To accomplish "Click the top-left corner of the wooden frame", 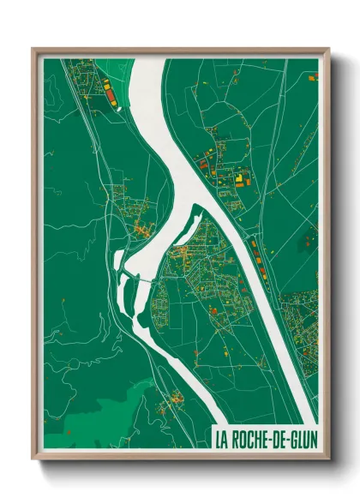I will pos(33,48).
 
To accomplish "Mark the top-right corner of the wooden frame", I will pos(329,48).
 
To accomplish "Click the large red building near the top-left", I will pos(107,86).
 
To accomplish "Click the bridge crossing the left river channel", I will pos(137,277).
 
